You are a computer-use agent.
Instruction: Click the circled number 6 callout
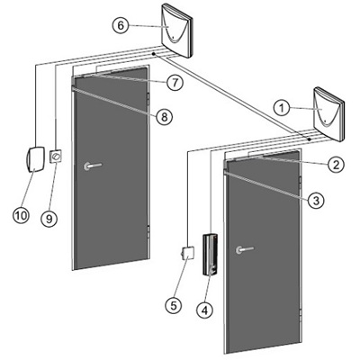pyautogui.click(x=121, y=25)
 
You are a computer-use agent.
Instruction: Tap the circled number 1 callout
pyautogui.click(x=282, y=108)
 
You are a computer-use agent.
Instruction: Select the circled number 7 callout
pyautogui.click(x=175, y=82)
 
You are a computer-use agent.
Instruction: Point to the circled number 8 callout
pyautogui.click(x=164, y=117)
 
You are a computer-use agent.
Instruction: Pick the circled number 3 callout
pyautogui.click(x=316, y=201)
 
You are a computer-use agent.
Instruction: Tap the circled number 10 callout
pyautogui.click(x=22, y=215)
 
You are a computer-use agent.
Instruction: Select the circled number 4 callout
pyautogui.click(x=205, y=310)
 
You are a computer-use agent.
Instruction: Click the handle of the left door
pyautogui.click(x=93, y=166)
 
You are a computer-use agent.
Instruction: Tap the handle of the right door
pyautogui.click(x=245, y=249)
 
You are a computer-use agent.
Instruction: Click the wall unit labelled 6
pyautogui.click(x=176, y=31)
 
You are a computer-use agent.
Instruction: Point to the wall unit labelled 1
pyautogui.click(x=328, y=114)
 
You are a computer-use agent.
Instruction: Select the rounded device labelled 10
pyautogui.click(x=35, y=159)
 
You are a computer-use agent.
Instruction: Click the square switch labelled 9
pyautogui.click(x=56, y=157)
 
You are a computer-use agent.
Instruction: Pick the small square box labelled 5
pyautogui.click(x=188, y=253)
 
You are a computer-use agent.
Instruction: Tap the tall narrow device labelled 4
pyautogui.click(x=211, y=255)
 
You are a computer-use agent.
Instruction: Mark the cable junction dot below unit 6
pyautogui.click(x=153, y=54)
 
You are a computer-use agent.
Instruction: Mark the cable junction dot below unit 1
pyautogui.click(x=309, y=139)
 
